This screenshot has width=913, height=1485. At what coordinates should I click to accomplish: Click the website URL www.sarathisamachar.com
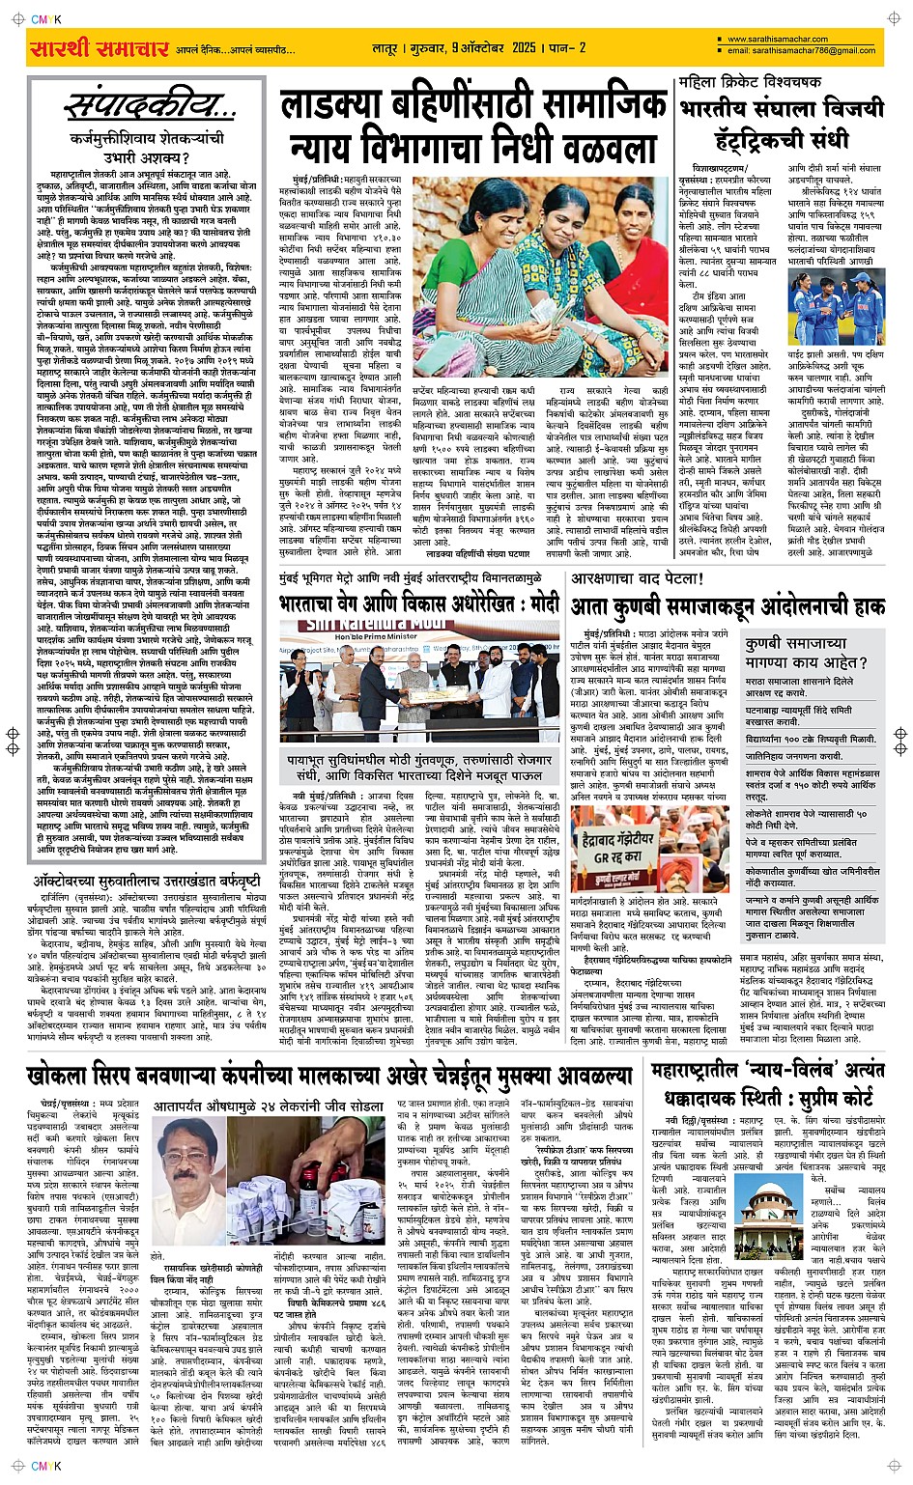(777, 40)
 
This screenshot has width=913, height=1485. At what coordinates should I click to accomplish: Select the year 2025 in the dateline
(524, 47)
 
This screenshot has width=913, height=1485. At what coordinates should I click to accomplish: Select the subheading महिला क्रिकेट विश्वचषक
(750, 82)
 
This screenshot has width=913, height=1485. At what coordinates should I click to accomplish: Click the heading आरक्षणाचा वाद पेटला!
(638, 579)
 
